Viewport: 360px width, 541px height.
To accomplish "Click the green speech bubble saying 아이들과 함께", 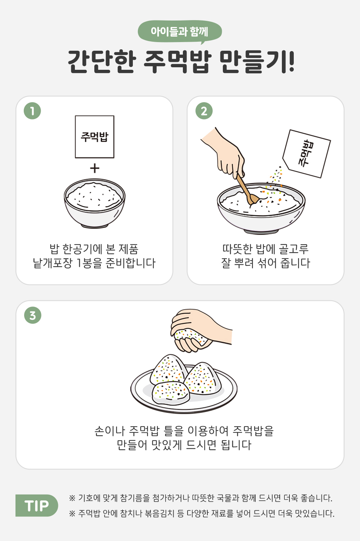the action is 180,32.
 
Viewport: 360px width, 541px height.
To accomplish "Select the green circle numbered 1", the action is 32,111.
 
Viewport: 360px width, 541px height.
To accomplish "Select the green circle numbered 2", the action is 204,111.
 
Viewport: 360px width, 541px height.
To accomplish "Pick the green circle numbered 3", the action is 33,315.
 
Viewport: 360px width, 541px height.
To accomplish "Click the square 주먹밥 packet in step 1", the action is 95,137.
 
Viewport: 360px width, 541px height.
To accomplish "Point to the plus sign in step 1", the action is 95,168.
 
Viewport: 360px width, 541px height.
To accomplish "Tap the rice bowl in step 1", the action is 95,203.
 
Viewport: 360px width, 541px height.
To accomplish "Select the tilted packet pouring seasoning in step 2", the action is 307,154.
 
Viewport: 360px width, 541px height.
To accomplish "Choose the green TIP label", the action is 37,505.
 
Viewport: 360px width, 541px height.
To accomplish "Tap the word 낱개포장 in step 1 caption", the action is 53,263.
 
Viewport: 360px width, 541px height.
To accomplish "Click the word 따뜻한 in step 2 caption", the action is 238,249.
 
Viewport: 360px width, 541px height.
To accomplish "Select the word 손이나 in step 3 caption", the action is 109,431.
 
